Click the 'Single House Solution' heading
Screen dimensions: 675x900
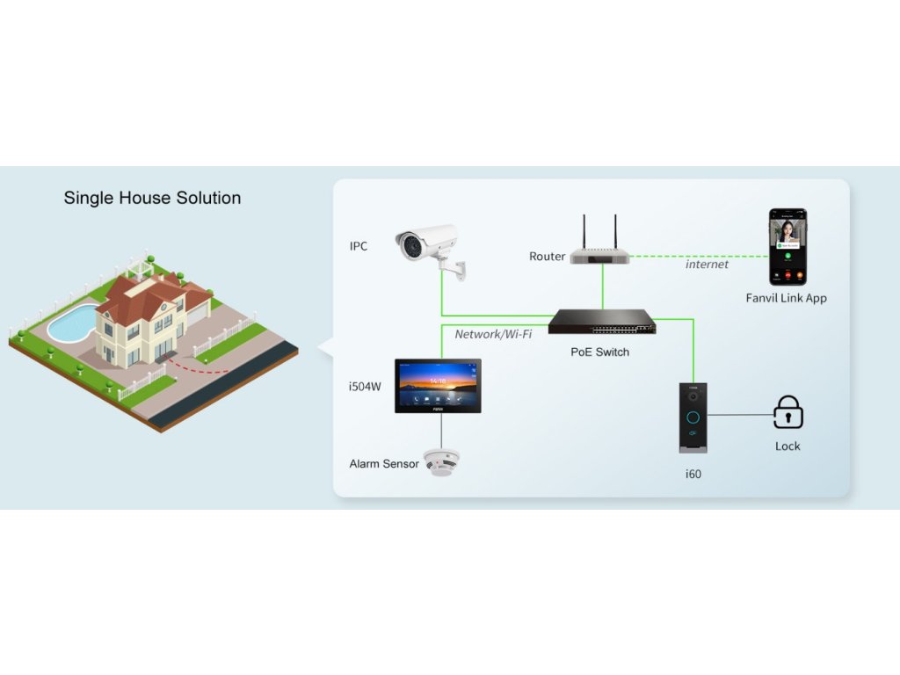tap(152, 198)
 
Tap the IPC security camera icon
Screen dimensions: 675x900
tap(429, 245)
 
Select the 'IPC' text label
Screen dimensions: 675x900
tap(359, 246)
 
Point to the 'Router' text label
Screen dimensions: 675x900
tap(547, 257)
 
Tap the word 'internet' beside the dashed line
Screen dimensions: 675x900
tap(707, 265)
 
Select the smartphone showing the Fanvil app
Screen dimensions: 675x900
tap(787, 247)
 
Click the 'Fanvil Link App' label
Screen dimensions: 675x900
tap(786, 298)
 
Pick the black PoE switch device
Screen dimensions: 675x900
tap(602, 323)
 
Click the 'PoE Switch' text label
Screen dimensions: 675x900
tap(599, 352)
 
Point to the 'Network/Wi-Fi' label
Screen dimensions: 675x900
tap(493, 335)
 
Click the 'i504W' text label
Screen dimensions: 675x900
tap(365, 386)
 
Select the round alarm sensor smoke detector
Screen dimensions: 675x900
tap(440, 461)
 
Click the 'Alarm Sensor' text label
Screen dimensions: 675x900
tap(384, 464)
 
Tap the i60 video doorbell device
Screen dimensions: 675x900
tap(693, 418)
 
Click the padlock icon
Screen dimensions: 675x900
tap(787, 412)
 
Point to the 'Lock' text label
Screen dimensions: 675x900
tap(787, 446)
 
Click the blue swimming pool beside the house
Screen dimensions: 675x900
tap(72, 323)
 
